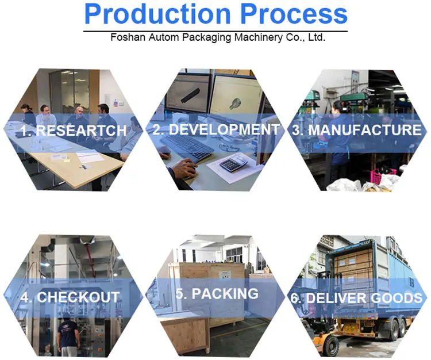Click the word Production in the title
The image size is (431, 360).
(157, 14)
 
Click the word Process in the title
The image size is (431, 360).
(294, 14)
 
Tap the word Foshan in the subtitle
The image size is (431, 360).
(128, 37)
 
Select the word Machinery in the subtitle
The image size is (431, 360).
(259, 37)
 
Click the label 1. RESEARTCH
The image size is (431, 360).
(74, 131)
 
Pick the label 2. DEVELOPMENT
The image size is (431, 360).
(216, 129)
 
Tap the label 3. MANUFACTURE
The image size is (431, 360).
(356, 130)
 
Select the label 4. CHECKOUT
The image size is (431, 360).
(70, 297)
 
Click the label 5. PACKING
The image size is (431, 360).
(217, 293)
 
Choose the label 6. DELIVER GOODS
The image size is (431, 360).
(356, 298)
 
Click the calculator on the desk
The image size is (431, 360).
(234, 163)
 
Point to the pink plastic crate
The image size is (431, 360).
(383, 175)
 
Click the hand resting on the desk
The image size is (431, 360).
(184, 168)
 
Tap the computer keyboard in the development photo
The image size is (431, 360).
(187, 148)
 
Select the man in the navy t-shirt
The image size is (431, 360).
(68, 337)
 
